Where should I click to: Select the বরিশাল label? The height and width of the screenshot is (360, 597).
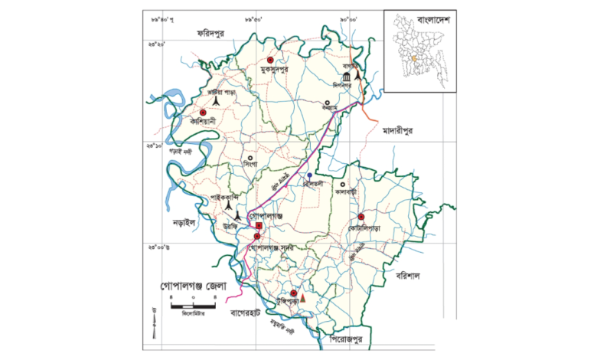(x=404, y=274)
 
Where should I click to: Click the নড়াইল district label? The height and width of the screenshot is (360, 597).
(x=182, y=222)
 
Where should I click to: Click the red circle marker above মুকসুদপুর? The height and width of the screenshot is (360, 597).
(x=270, y=60)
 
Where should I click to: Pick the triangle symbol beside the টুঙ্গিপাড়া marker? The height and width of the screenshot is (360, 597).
(x=303, y=296)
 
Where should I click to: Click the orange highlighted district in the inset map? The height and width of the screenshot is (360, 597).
(x=414, y=57)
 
